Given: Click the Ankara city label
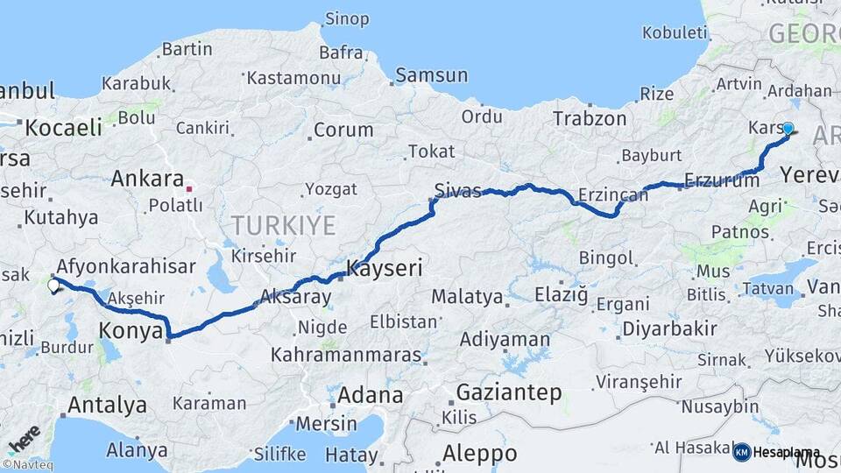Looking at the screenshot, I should click(147, 180).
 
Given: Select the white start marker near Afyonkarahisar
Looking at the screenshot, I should click(54, 284).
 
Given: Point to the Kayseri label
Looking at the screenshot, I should click(385, 268).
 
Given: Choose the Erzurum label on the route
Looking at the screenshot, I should click(722, 181).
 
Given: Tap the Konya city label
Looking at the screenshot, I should click(131, 331).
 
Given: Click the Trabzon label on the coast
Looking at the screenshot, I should click(590, 118).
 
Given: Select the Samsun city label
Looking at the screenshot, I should click(431, 75).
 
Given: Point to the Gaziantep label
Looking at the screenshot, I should click(509, 392).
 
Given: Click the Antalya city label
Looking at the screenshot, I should click(107, 405).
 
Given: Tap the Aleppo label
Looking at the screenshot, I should click(479, 454).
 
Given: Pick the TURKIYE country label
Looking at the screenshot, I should click(283, 226).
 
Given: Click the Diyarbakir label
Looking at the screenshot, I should click(669, 330).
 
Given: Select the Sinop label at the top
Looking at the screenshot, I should click(346, 18).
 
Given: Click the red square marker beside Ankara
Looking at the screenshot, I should click(188, 187).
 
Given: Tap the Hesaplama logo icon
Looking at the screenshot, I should click(742, 452).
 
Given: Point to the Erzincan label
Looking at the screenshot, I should click(614, 195).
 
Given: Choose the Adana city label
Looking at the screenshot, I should click(371, 394).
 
